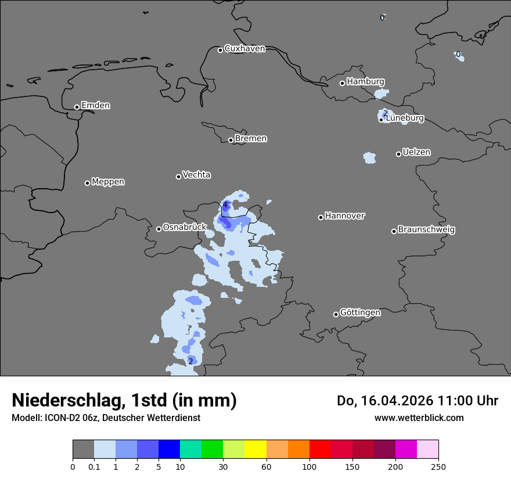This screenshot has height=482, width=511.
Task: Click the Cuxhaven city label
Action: [x=244, y=49]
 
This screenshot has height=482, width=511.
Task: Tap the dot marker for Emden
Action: [x=77, y=107]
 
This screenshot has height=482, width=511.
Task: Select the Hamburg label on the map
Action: [x=365, y=82]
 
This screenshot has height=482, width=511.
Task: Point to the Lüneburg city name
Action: [x=405, y=118]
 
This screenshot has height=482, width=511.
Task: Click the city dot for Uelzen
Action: [x=398, y=154]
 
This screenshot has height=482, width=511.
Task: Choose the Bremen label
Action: [x=251, y=139]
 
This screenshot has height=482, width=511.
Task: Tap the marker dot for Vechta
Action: [x=178, y=177]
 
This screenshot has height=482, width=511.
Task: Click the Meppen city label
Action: [x=108, y=182]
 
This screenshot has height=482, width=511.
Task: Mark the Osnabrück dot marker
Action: [x=159, y=229]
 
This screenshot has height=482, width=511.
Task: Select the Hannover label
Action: [x=344, y=216]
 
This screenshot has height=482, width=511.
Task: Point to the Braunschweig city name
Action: [x=426, y=230]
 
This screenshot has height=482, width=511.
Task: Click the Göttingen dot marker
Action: [x=336, y=314]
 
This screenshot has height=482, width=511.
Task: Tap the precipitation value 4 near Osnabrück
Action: [x=225, y=204]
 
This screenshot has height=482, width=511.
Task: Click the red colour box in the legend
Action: [x=320, y=449]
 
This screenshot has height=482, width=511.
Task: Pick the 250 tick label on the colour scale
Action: [x=438, y=466]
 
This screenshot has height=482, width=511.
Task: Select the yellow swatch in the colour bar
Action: [x=255, y=449]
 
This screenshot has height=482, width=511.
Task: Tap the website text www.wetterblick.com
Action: [x=419, y=418]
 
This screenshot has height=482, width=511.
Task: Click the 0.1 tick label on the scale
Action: [x=94, y=466]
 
